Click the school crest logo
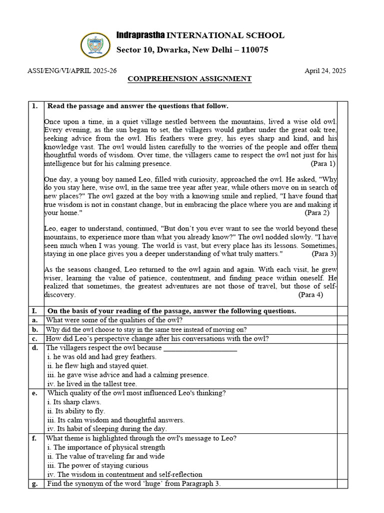point(95,45)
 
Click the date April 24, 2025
point(325,71)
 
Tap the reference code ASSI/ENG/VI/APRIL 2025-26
point(72,71)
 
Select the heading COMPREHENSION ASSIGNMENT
point(189,79)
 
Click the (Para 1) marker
point(323,164)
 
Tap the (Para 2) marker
point(317,212)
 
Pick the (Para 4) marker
point(310,295)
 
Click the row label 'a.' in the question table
point(34,320)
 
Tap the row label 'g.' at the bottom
point(34,483)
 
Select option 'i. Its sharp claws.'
point(74,402)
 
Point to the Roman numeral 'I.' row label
point(34,311)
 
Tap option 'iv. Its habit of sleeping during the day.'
point(107,429)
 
